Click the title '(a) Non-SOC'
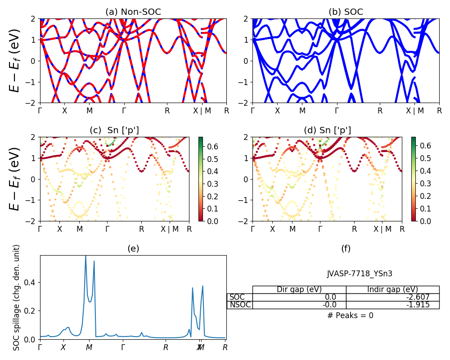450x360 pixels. click(x=133, y=12)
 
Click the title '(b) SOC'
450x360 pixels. click(x=346, y=12)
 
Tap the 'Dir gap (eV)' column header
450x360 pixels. click(x=299, y=289)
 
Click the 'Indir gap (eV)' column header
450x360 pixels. click(x=392, y=289)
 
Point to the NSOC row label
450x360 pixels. click(x=240, y=305)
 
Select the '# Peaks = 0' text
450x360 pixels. click(x=350, y=315)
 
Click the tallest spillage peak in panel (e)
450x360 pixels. click(x=85, y=256)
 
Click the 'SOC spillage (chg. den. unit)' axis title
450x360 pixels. click(x=17, y=297)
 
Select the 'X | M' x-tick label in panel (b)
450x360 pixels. click(x=414, y=110)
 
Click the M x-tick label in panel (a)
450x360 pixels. click(x=90, y=110)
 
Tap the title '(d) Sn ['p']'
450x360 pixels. click(x=327, y=130)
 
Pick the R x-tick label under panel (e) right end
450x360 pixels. click(x=225, y=347)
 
